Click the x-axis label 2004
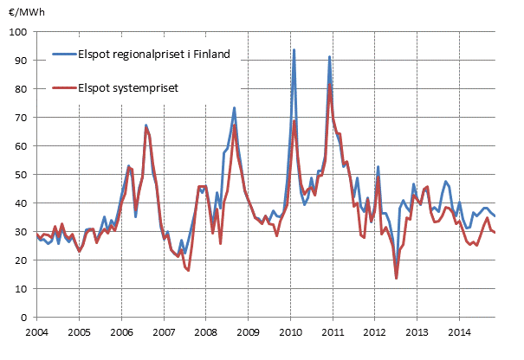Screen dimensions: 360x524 click(36, 331)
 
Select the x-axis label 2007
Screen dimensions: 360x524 click(164, 331)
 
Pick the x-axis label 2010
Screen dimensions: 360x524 click(290, 331)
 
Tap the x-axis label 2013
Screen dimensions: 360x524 click(417, 331)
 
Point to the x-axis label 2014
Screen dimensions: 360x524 click(460, 331)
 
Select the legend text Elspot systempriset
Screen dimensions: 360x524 click(130, 87)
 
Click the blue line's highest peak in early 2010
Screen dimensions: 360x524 click(294, 50)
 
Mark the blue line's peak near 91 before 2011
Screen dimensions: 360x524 click(330, 57)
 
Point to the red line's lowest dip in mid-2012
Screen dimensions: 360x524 click(396, 278)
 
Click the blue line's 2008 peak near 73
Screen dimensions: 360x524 click(235, 108)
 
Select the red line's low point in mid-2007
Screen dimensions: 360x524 click(188, 270)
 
